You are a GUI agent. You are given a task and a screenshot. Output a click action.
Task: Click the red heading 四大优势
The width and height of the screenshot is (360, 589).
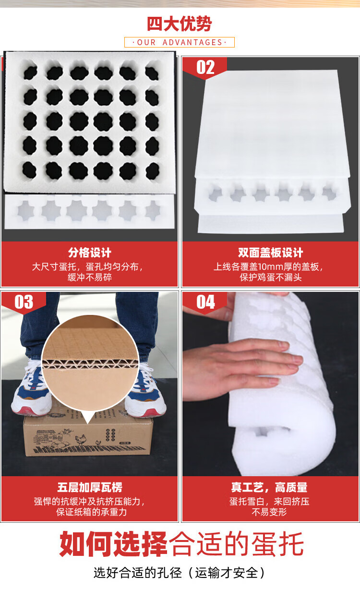[180, 24]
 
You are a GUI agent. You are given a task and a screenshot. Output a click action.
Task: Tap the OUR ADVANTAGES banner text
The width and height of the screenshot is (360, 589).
[180, 42]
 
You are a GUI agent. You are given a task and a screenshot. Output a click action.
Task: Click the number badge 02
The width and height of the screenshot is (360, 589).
[205, 67]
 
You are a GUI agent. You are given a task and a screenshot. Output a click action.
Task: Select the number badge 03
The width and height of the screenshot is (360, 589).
[24, 302]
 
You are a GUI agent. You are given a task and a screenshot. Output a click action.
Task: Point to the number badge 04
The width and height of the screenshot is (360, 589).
[205, 302]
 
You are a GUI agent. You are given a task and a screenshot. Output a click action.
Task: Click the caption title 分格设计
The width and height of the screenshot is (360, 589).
[90, 252]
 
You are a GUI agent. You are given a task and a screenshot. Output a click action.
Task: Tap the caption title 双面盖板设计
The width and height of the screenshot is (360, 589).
[271, 252]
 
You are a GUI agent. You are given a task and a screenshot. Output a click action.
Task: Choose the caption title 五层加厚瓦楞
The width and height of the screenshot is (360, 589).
[90, 487]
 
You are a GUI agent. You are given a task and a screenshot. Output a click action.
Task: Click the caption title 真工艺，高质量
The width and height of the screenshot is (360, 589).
[269, 487]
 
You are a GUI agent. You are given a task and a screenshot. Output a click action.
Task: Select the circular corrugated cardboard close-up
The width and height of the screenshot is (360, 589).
[90, 362]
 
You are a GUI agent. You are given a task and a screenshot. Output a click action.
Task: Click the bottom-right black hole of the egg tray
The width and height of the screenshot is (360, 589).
[152, 171]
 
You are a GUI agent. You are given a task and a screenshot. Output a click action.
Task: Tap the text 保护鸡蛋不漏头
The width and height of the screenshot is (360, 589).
[271, 277]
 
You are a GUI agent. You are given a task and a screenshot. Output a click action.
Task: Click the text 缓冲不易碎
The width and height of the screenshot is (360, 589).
[90, 277]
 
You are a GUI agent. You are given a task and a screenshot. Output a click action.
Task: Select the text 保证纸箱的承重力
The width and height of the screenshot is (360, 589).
[91, 512]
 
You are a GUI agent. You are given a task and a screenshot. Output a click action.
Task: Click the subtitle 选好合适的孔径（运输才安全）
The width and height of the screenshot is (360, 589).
[180, 573]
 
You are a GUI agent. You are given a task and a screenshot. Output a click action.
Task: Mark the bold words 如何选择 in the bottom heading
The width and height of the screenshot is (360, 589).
[113, 544]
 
